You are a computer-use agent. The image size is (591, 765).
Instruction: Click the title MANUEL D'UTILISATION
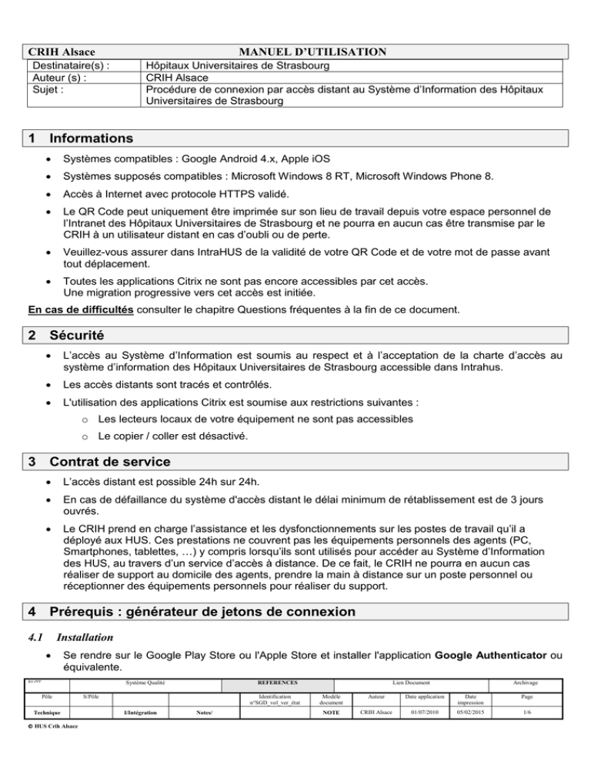[312, 52]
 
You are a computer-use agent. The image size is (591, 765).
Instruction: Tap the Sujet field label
[43, 89]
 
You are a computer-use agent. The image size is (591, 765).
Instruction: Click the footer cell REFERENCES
[271, 683]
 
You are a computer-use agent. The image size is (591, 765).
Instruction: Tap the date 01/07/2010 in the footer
[425, 713]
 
